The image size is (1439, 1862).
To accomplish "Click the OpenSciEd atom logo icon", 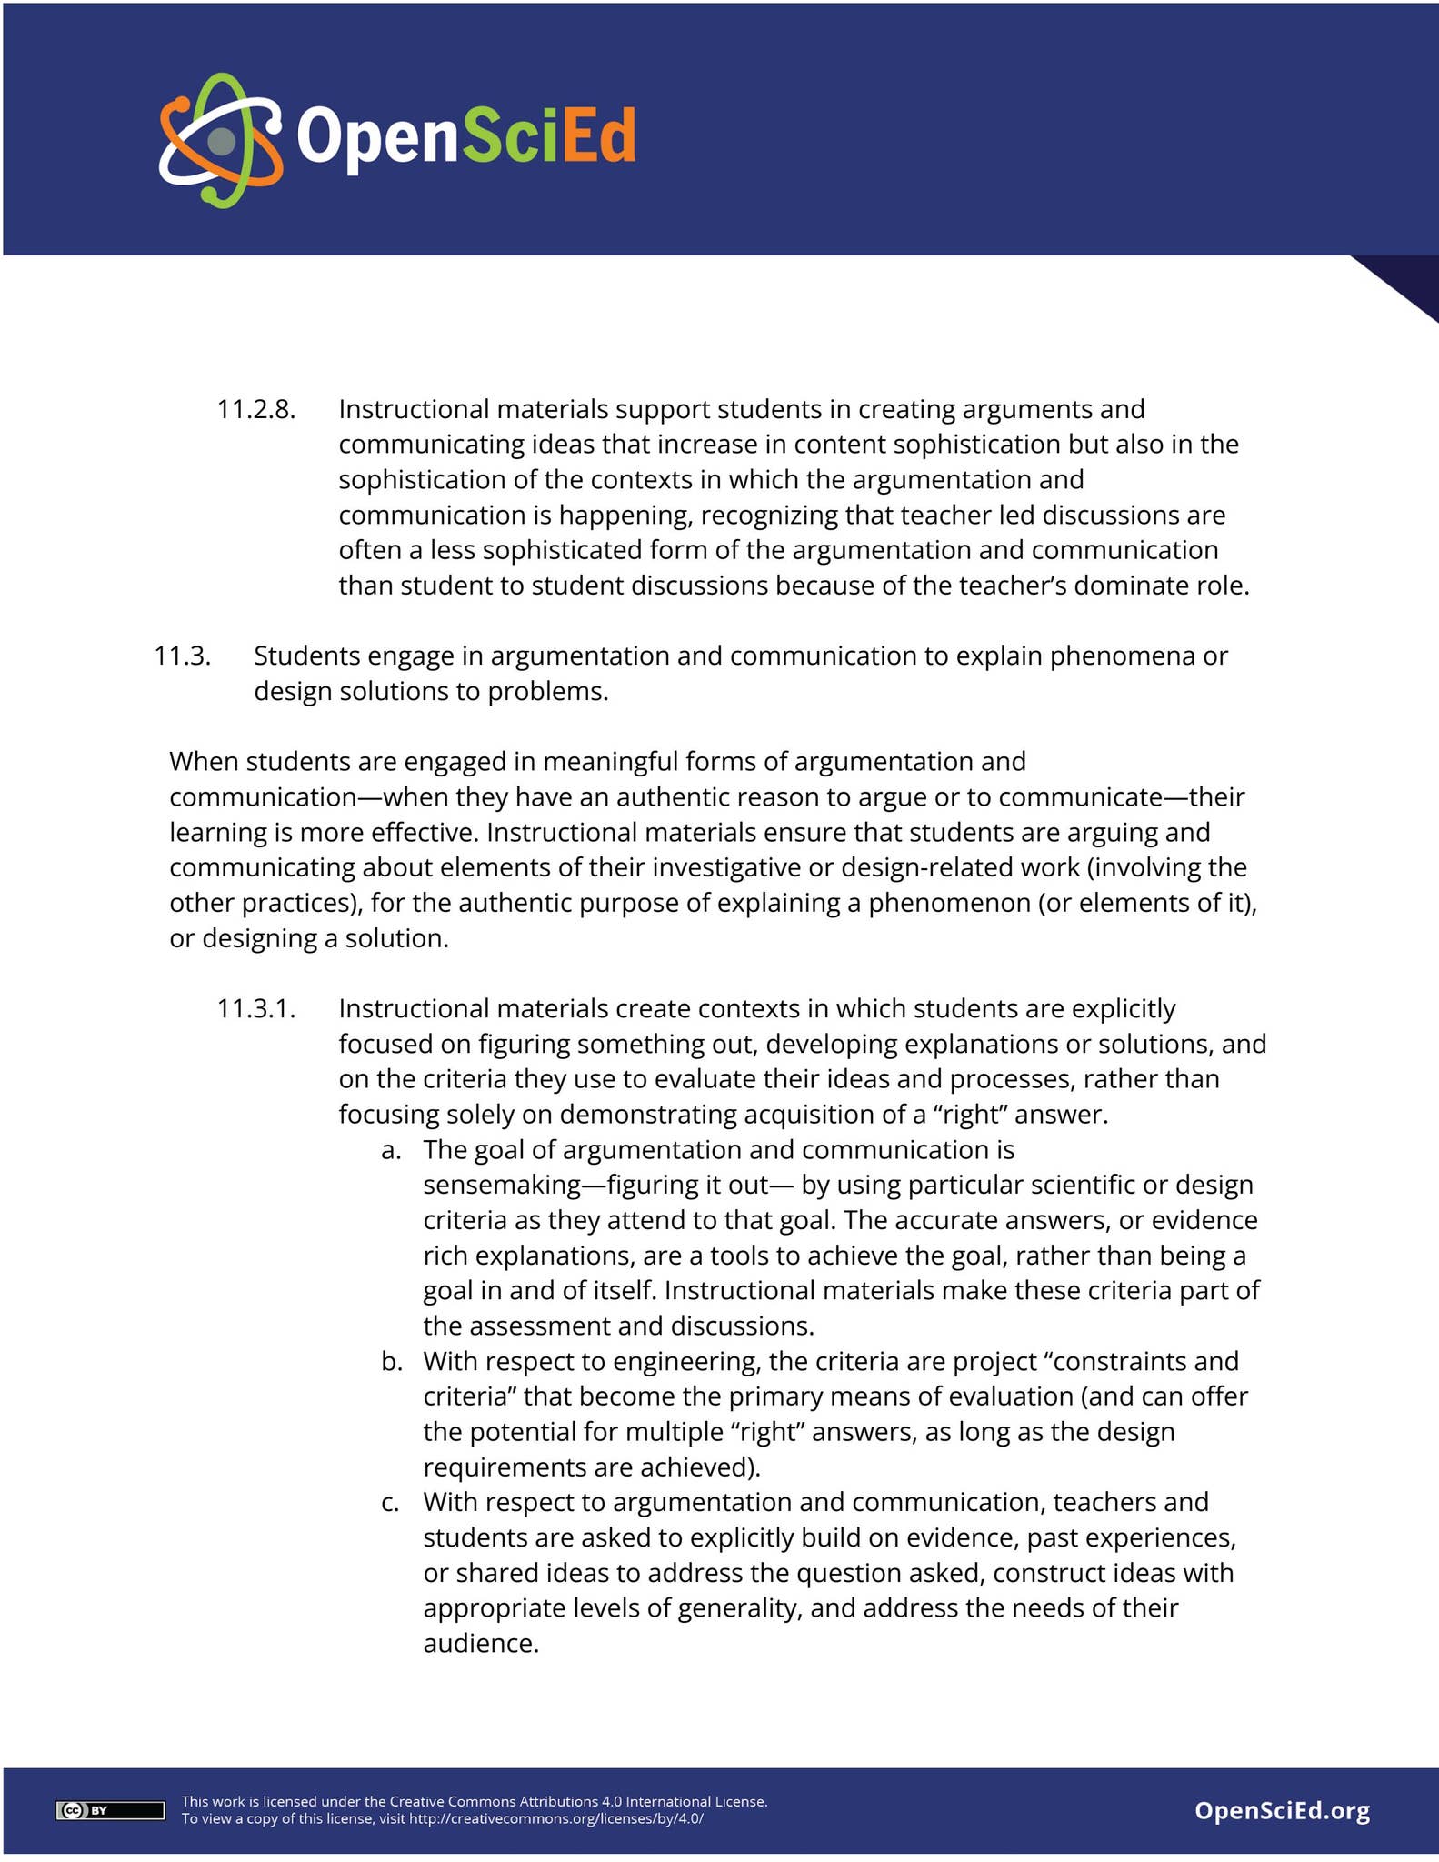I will [221, 140].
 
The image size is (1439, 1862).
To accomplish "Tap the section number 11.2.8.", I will [255, 410].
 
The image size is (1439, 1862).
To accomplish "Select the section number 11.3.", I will [182, 656].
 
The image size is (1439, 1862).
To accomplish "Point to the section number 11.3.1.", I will [255, 1009].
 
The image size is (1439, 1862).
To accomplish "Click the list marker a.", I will [391, 1150].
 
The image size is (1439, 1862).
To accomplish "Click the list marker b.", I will [391, 1362].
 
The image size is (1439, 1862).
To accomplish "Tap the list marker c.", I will [390, 1503].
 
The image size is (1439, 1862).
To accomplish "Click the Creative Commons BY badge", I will [110, 1810].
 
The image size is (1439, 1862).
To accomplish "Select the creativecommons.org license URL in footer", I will [555, 1819].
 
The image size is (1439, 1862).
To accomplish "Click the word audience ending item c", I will [481, 1644].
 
